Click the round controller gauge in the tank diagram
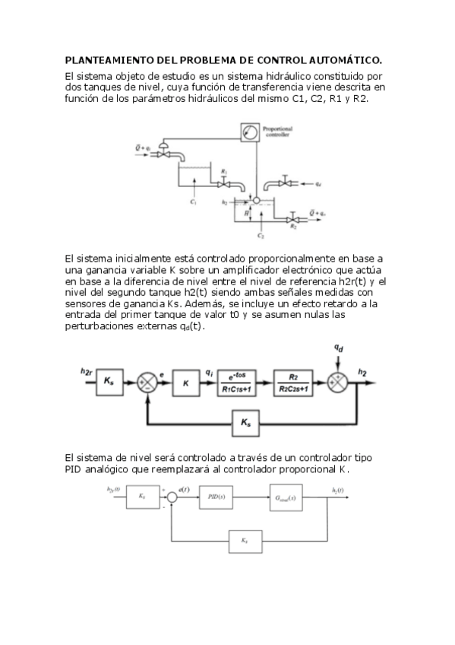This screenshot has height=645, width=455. pyautogui.click(x=247, y=132)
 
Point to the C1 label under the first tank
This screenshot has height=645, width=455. pyautogui.click(x=194, y=203)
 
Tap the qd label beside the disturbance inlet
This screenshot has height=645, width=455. pyautogui.click(x=318, y=184)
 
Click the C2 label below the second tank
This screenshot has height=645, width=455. pyautogui.click(x=261, y=237)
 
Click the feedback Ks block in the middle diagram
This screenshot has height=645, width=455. pyautogui.click(x=245, y=421)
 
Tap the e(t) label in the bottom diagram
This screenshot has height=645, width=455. pyautogui.click(x=183, y=488)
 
